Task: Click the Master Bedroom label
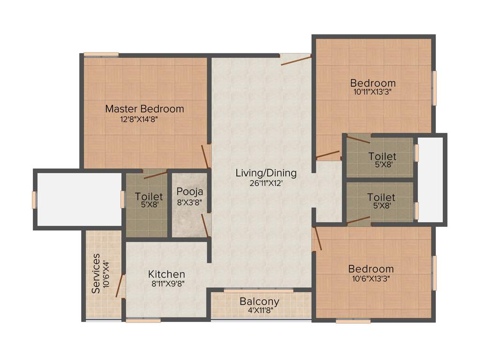pyautogui.click(x=144, y=109)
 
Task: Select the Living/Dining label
pyautogui.click(x=266, y=173)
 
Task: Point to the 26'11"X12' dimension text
pyautogui.click(x=266, y=183)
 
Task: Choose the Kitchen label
pyautogui.click(x=166, y=274)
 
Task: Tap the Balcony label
pyautogui.click(x=259, y=301)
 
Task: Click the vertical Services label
pyautogui.click(x=96, y=273)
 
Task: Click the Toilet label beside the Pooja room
pyautogui.click(x=149, y=196)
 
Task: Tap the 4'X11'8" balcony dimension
pyautogui.click(x=259, y=310)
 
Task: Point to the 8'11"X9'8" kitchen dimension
pyautogui.click(x=166, y=284)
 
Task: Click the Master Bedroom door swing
pyautogui.click(x=205, y=157)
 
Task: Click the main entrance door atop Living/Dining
pyautogui.click(x=295, y=60)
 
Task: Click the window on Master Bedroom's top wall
pyautogui.click(x=101, y=54)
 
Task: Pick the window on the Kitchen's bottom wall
pyautogui.click(x=143, y=321)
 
